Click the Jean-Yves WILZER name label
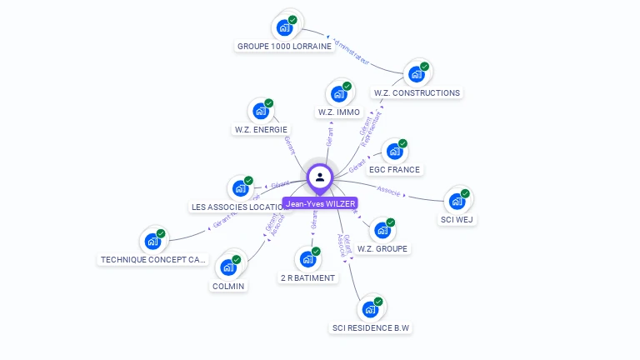point(320,203)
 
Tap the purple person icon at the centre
point(320,177)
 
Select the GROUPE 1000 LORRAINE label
point(284,47)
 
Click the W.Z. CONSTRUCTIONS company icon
point(416,74)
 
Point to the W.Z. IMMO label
point(339,112)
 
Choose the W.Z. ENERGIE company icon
point(261,110)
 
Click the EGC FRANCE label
point(395,169)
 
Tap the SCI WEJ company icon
point(457,201)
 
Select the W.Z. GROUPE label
point(382,248)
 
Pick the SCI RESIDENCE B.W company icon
point(370,309)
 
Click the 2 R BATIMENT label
point(307,277)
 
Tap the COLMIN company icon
point(228,267)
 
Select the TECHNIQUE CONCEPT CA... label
point(152,259)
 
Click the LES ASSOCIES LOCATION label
point(239,207)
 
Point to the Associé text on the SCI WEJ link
point(389,192)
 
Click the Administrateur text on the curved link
point(350,50)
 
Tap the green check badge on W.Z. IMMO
point(347,86)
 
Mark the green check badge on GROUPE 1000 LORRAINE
point(292,20)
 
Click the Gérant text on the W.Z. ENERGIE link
point(289,146)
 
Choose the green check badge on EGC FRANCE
point(402,143)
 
